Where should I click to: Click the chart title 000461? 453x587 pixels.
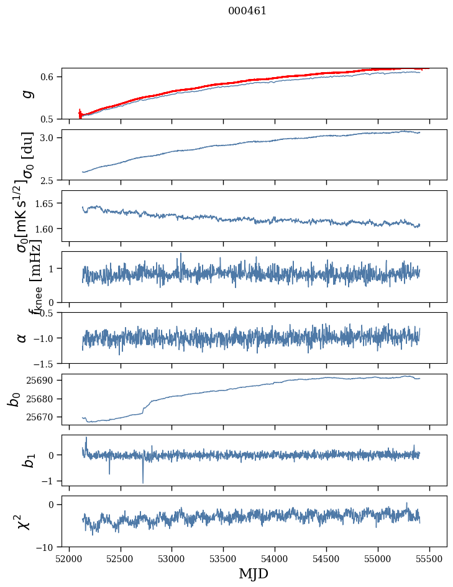pos(247,11)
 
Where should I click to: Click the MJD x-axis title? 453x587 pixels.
pos(254,573)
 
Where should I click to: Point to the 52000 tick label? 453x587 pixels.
pos(69,558)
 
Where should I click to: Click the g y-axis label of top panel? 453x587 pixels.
pos(26,93)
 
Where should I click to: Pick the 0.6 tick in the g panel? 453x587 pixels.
pos(50,76)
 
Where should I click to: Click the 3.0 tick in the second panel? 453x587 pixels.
pos(50,137)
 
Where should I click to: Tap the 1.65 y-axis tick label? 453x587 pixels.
pos(47,203)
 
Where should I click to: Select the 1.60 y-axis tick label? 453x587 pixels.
pos(47,229)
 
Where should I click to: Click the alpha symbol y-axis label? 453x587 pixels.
pos(22,338)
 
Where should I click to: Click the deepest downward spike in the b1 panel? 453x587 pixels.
pos(143,482)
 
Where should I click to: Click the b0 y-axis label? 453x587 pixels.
pos(14,399)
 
